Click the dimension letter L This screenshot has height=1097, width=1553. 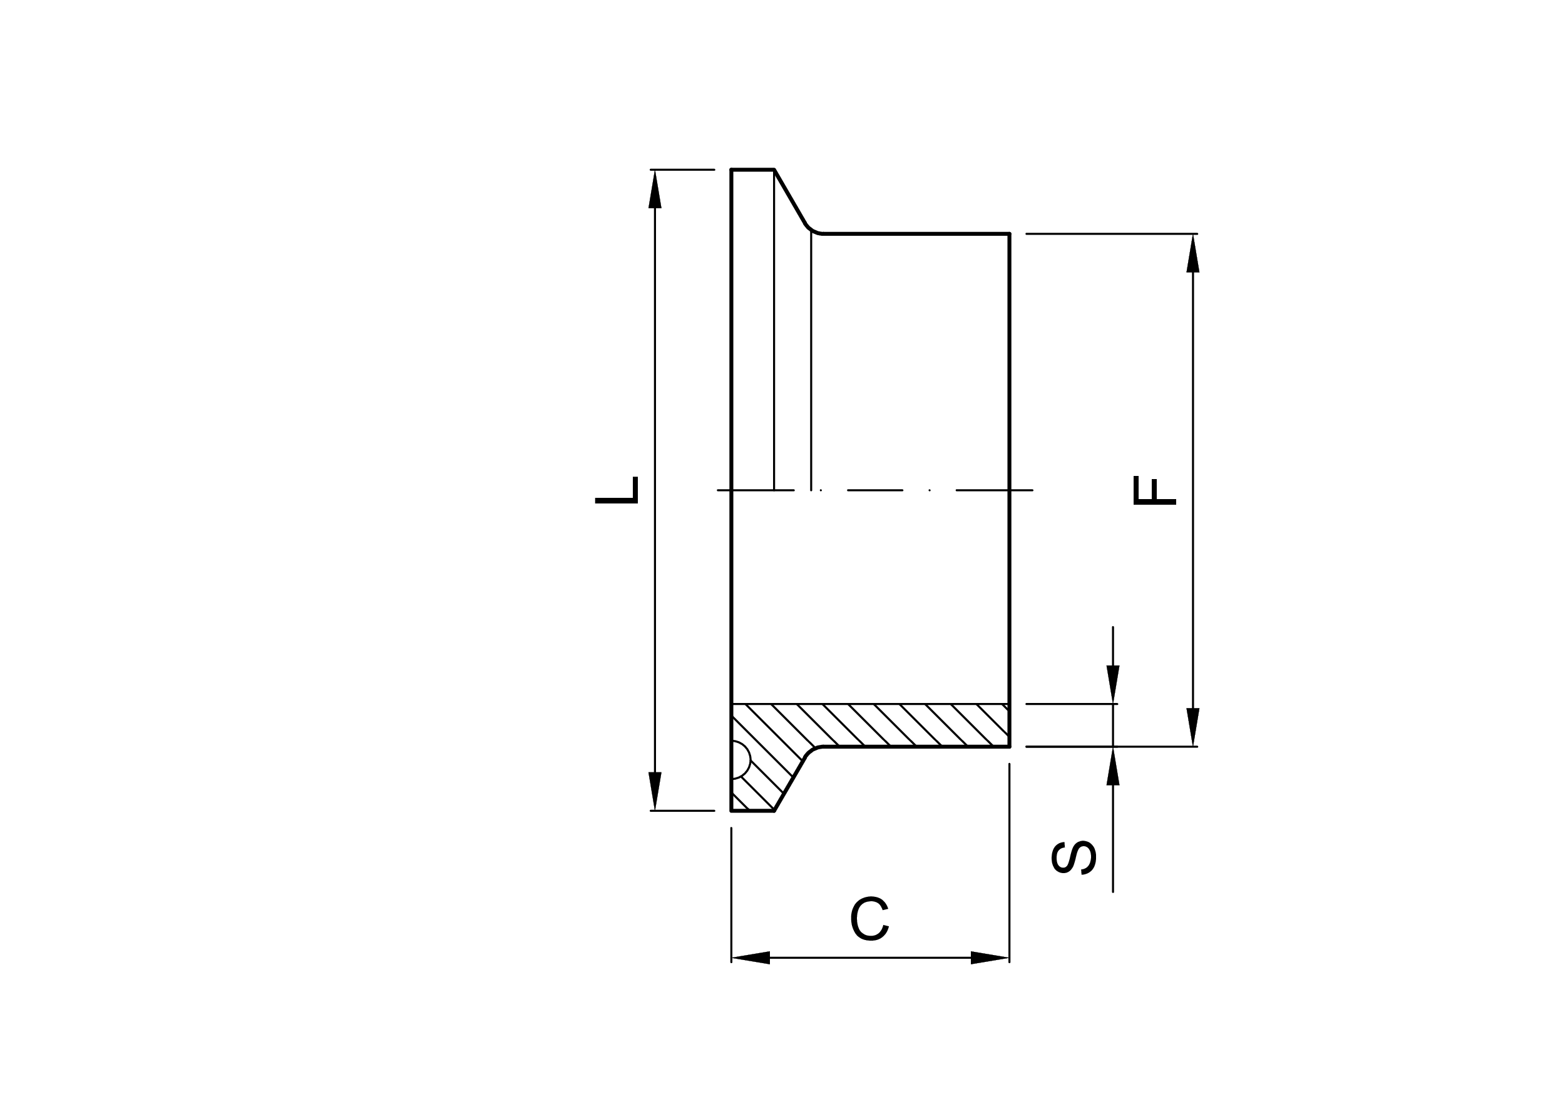pyautogui.click(x=617, y=490)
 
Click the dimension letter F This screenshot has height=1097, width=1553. pyautogui.click(x=1156, y=491)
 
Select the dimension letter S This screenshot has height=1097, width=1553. pyautogui.click(x=1074, y=857)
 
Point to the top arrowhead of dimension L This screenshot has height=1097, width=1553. pyautogui.click(x=655, y=190)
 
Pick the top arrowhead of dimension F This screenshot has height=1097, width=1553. pyautogui.click(x=1192, y=254)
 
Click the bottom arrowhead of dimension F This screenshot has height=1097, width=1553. pyautogui.click(x=1192, y=727)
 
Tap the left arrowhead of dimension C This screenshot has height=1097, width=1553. pyautogui.click(x=751, y=958)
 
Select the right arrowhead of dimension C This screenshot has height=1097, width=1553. pyautogui.click(x=990, y=958)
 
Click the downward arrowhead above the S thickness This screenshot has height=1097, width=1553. pyautogui.click(x=1113, y=685)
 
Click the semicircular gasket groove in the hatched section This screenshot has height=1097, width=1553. pyautogui.click(x=740, y=761)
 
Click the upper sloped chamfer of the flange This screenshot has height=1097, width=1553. pyautogui.click(x=789, y=196)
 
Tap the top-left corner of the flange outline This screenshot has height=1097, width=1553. pyautogui.click(x=731, y=169)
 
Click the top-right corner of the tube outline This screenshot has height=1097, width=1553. pyautogui.click(x=1009, y=234)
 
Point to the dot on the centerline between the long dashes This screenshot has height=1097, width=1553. pyautogui.click(x=930, y=490)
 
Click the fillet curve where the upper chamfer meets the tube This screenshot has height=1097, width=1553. pyautogui.click(x=812, y=230)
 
